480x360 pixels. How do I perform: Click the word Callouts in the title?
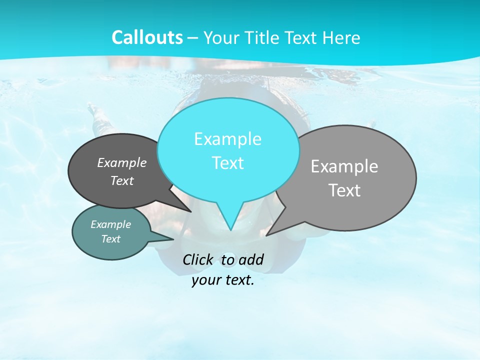coord(147,37)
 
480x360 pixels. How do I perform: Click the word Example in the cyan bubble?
coord(227,139)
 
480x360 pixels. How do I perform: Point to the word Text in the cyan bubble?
coord(227,163)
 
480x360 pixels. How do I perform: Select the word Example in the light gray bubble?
coord(344,166)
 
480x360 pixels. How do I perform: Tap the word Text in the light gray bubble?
coord(344,190)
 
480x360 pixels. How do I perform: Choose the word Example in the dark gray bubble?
coord(122,162)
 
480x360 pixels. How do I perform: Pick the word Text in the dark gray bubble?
coord(122,180)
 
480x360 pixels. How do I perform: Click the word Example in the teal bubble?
coord(110,224)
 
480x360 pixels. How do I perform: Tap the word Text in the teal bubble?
coord(110,239)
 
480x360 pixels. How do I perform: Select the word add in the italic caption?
coord(251,259)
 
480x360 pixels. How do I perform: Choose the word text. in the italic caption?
coord(239,280)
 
